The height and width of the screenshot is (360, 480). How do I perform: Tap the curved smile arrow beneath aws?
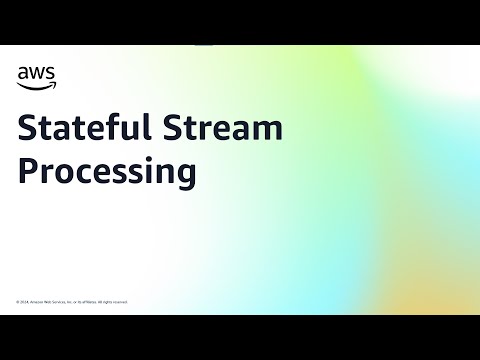(34, 84)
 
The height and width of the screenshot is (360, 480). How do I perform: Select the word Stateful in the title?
(86, 129)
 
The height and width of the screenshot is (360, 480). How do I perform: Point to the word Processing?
(106, 171)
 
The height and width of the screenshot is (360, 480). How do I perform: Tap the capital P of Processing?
(28, 170)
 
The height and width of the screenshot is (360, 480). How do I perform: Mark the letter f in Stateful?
(112, 128)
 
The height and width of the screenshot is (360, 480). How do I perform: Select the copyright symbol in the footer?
(17, 301)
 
